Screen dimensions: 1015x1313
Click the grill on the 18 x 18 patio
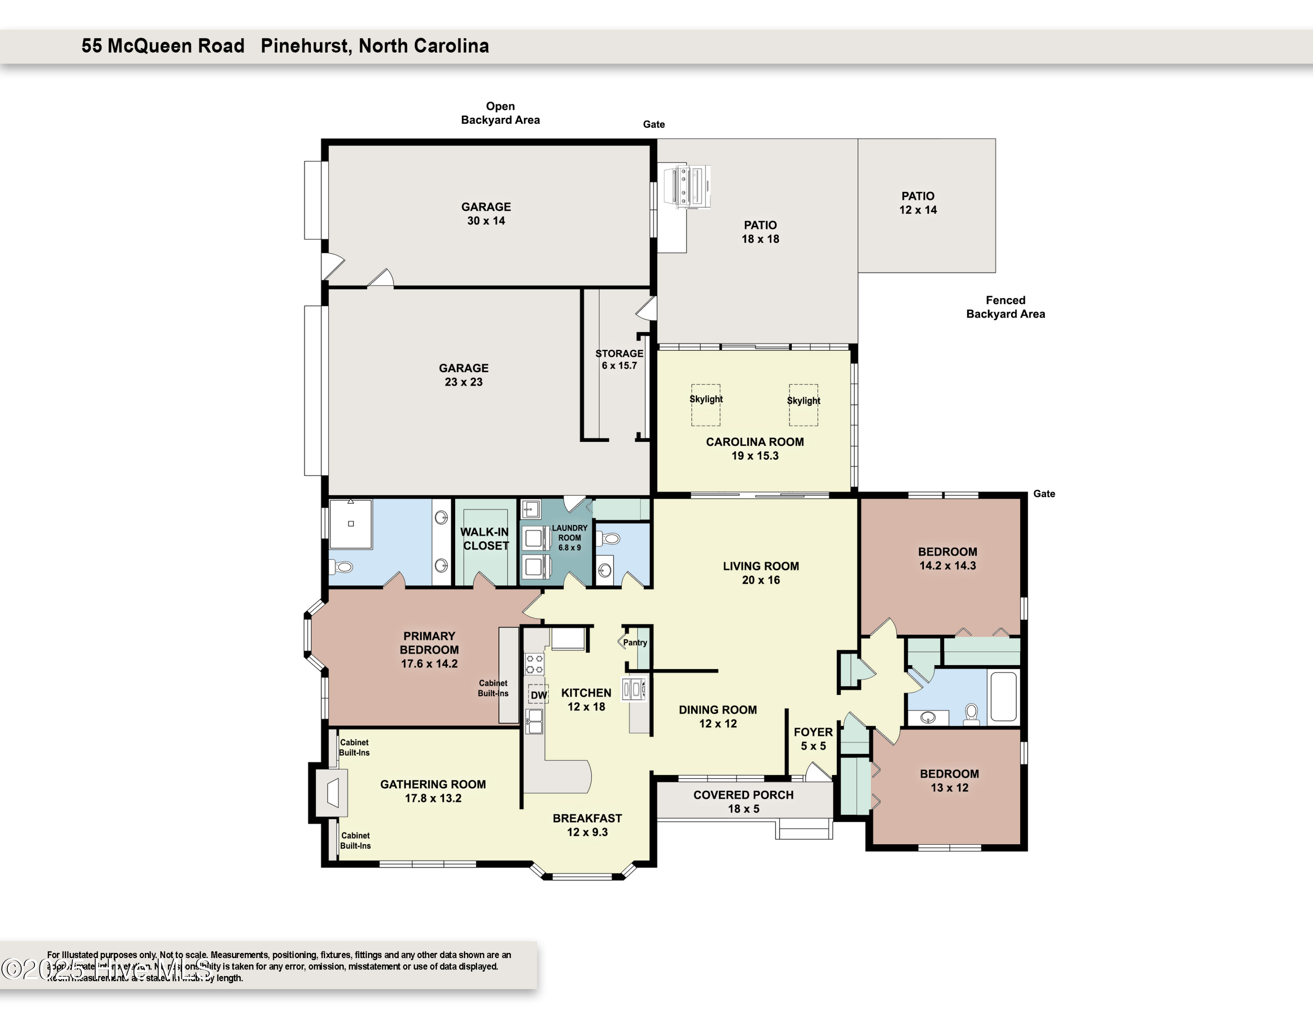[x=687, y=187]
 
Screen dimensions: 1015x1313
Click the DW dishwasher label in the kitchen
[x=539, y=694]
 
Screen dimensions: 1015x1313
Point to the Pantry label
[x=635, y=642]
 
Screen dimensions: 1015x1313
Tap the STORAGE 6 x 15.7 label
[x=619, y=359]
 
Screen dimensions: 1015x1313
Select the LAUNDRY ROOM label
[x=569, y=537]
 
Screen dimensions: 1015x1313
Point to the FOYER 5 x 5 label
[x=813, y=738]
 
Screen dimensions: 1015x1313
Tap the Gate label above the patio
[x=653, y=124]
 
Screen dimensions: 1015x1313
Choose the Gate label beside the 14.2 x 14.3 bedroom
[x=1044, y=493]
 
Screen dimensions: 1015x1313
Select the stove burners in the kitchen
[x=534, y=664]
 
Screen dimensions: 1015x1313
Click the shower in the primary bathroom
[x=351, y=523]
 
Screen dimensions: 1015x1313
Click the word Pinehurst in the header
[x=305, y=46]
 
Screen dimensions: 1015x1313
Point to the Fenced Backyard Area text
[x=1005, y=307]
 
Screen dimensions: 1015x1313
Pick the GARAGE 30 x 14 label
[x=486, y=213]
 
